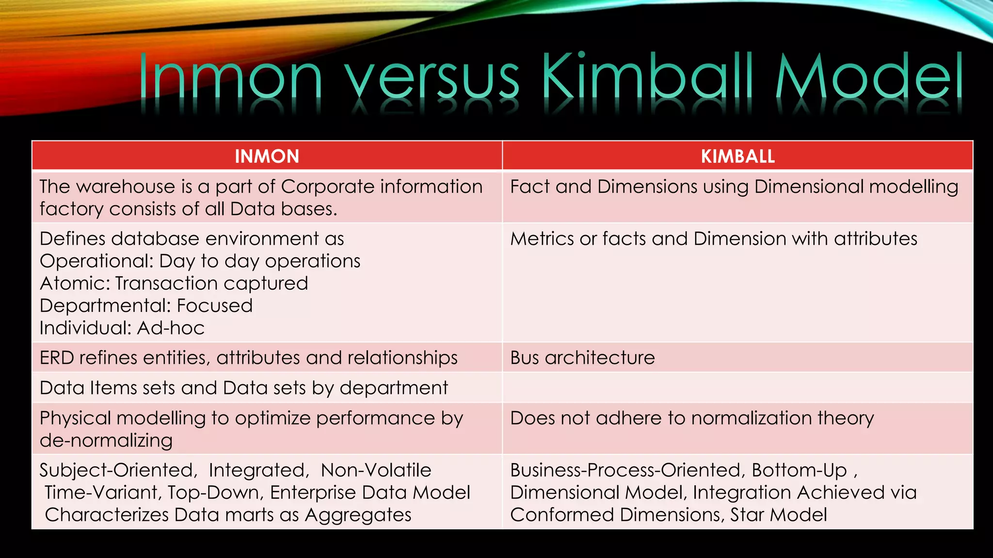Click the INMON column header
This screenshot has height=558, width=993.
[x=267, y=156]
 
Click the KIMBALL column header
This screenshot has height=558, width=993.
[x=737, y=156]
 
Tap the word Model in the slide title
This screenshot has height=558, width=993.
[x=868, y=77]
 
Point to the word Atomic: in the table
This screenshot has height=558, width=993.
[x=75, y=284]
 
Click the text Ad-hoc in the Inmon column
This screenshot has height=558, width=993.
[x=171, y=328]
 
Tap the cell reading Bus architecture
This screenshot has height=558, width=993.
[x=582, y=358]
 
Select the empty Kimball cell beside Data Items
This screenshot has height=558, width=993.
[x=737, y=388]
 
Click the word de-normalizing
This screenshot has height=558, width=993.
[x=106, y=441]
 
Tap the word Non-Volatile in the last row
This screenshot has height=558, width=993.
[x=376, y=470]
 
